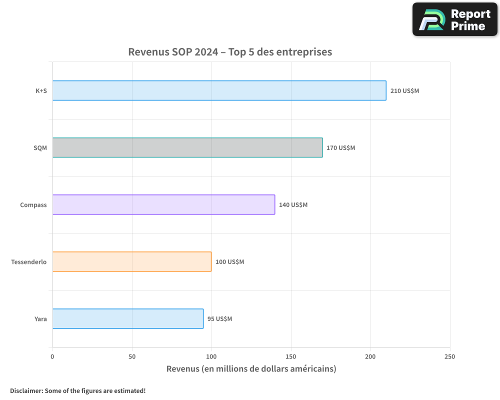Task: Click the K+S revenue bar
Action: pos(219,90)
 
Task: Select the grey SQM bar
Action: pos(187,147)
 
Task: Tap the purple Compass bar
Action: pos(163,204)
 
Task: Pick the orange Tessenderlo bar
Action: pos(131,261)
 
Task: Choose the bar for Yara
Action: pos(127,318)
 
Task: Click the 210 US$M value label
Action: pos(404,91)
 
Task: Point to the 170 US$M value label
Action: pos(340,148)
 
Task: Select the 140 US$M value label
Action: pos(293,205)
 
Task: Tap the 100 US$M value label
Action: pos(229,262)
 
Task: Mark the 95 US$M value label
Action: pos(219,319)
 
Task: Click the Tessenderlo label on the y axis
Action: pos(29,262)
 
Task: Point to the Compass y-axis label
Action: pos(33,205)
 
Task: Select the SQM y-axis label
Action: pos(40,148)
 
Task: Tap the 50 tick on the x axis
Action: pos(132,356)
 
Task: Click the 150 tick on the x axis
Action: pos(291,356)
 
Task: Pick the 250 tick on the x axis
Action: pos(449,356)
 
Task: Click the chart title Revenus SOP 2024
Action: pos(230,52)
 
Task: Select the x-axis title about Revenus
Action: pos(251,369)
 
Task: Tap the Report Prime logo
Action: pos(455,19)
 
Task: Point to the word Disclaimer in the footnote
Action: pos(25,390)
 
